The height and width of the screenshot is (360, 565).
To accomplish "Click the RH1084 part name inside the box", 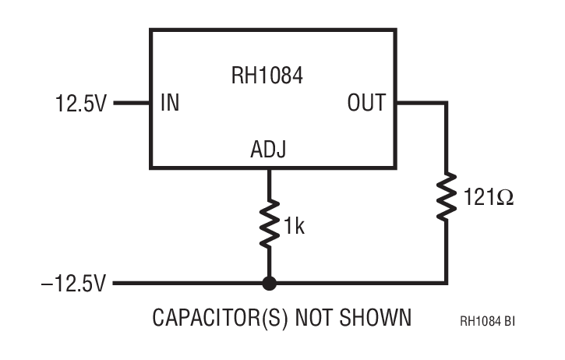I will click(x=266, y=76).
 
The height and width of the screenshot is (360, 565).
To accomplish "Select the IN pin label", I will click(x=169, y=103).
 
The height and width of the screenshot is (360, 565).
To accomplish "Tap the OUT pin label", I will click(x=365, y=103).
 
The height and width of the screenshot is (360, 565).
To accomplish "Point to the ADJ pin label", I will click(x=268, y=150).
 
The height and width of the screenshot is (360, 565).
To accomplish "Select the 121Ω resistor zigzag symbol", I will click(x=447, y=198).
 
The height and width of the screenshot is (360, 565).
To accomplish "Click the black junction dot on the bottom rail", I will click(x=269, y=284).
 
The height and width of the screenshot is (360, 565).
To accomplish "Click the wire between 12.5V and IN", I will click(x=132, y=103).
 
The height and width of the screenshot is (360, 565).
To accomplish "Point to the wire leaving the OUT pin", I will click(x=421, y=103).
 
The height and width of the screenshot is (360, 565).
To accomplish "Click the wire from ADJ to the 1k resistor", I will click(x=269, y=182).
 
